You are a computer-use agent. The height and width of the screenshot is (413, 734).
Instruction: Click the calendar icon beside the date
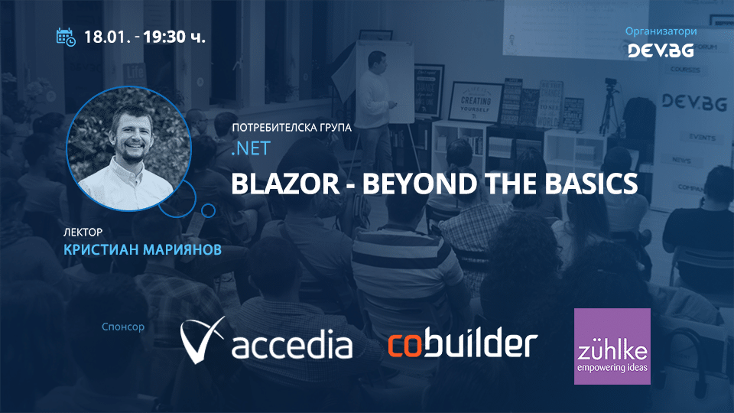click(x=67, y=37)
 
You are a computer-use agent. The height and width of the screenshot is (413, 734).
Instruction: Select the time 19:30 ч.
click(x=174, y=37)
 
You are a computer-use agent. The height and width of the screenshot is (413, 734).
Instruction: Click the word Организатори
click(x=660, y=31)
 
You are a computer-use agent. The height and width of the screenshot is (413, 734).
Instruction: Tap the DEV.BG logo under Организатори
click(x=660, y=50)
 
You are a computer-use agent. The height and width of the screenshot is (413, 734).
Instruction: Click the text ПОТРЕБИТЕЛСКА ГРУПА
click(x=291, y=128)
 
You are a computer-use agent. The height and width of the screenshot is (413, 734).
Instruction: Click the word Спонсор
click(x=123, y=327)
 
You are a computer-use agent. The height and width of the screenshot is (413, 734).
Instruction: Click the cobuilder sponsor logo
click(x=463, y=344)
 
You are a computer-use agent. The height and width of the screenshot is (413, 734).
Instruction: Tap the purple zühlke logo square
click(x=612, y=346)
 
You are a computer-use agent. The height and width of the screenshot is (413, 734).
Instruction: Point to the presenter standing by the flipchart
click(x=376, y=92)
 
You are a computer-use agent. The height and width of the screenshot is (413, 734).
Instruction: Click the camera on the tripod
click(x=611, y=86)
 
